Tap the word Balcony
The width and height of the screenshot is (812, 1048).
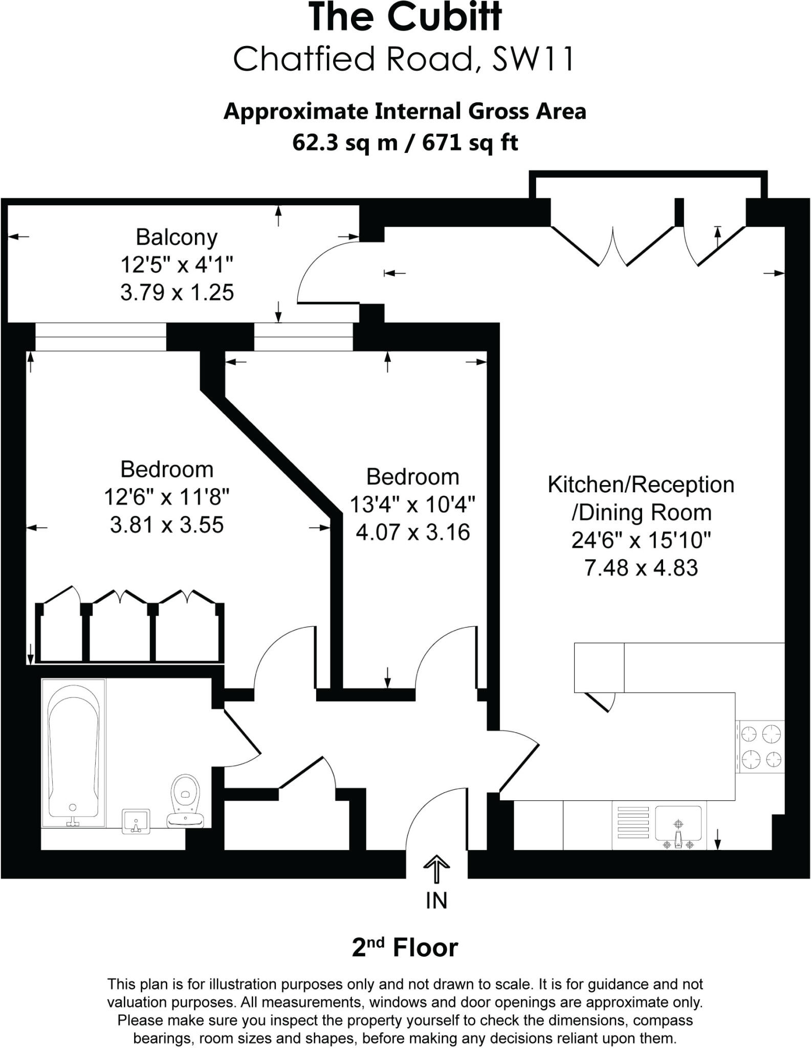177,237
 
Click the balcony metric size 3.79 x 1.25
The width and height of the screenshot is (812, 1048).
177,293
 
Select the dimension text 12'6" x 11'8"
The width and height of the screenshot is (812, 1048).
167,497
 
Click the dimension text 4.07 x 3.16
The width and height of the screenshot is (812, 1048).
412,533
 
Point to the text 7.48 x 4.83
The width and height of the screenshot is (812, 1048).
641,568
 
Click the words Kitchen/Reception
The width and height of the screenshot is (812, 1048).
641,485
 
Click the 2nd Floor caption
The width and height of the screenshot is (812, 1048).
405,948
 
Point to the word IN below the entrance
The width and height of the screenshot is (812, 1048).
436,901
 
